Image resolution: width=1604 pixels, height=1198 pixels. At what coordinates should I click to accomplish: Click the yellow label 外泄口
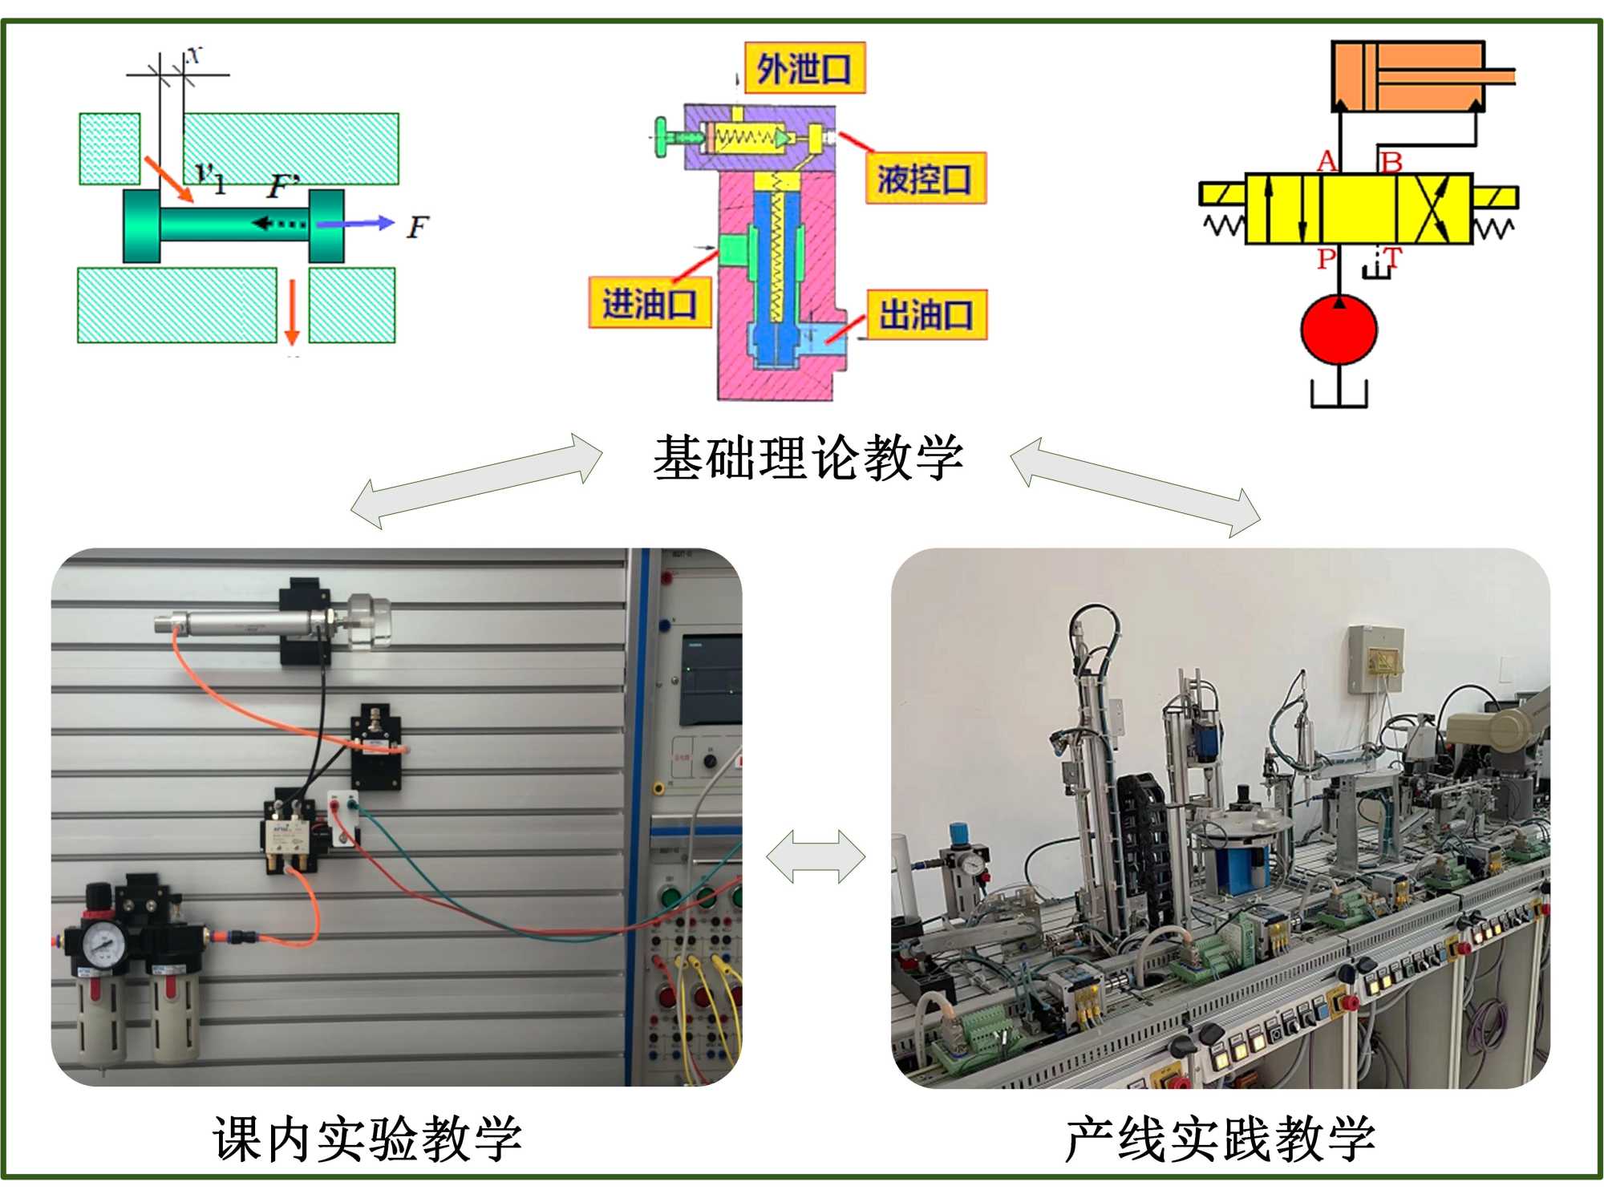[804, 69]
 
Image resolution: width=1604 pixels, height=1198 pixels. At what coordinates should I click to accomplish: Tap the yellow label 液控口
[925, 178]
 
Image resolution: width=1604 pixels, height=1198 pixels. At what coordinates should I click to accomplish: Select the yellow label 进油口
[650, 303]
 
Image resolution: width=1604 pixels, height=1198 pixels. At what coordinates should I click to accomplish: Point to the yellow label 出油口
[926, 314]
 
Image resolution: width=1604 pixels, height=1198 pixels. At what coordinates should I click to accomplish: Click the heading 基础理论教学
[808, 459]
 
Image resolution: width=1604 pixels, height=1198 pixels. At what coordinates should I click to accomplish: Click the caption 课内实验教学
[367, 1139]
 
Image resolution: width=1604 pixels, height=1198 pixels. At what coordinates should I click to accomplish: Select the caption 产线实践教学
[1219, 1139]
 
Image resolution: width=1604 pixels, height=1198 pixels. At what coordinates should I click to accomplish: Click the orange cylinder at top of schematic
[1408, 77]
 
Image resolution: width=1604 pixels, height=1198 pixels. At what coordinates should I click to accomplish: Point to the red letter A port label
[1327, 161]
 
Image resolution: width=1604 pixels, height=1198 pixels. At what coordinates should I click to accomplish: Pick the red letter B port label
[1391, 162]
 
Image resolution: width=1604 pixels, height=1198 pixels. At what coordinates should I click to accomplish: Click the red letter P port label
[1327, 258]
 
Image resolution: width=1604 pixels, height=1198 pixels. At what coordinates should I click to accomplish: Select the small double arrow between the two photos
[816, 856]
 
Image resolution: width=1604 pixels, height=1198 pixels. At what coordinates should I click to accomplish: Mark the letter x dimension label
[195, 55]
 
